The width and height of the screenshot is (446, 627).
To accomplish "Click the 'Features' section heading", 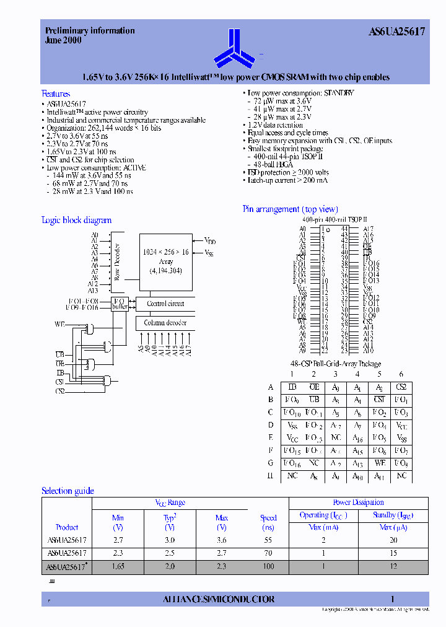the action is click(56, 94).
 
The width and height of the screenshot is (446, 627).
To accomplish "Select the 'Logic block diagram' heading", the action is click(76, 220).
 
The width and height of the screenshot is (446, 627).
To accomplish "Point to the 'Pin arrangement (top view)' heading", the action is click(290, 209).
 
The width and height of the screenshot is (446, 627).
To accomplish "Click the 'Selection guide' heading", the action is click(68, 491).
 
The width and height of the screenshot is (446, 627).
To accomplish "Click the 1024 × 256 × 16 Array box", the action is click(165, 260).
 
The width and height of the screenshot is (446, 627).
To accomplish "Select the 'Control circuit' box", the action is click(165, 304).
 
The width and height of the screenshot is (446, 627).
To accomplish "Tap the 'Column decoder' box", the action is click(165, 323).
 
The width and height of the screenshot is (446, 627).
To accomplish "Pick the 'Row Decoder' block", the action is click(117, 261).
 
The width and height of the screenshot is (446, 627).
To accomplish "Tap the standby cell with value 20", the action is click(394, 540).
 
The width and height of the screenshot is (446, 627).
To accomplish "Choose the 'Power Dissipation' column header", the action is click(358, 502).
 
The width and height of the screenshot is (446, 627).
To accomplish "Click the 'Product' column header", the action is click(67, 527).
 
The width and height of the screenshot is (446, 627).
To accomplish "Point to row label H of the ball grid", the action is click(271, 475).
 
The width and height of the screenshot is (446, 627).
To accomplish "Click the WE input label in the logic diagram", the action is click(60, 324).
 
